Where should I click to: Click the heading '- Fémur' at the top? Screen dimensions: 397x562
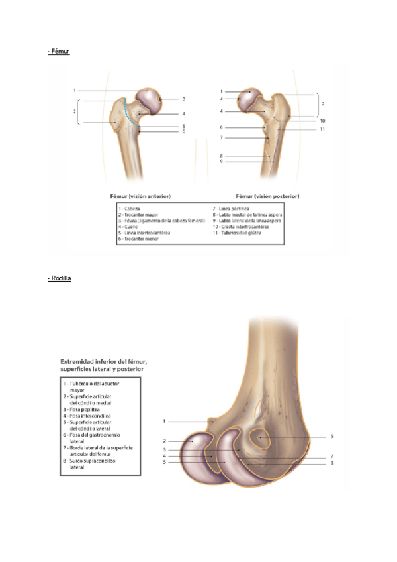point(59,51)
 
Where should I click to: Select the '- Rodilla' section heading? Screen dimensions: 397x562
point(60,278)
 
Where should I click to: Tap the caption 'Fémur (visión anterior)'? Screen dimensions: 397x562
point(140,196)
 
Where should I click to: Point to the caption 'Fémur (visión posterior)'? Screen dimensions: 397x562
point(267,196)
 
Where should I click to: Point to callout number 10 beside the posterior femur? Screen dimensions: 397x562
point(322,121)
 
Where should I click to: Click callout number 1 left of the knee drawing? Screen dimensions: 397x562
point(163,420)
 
